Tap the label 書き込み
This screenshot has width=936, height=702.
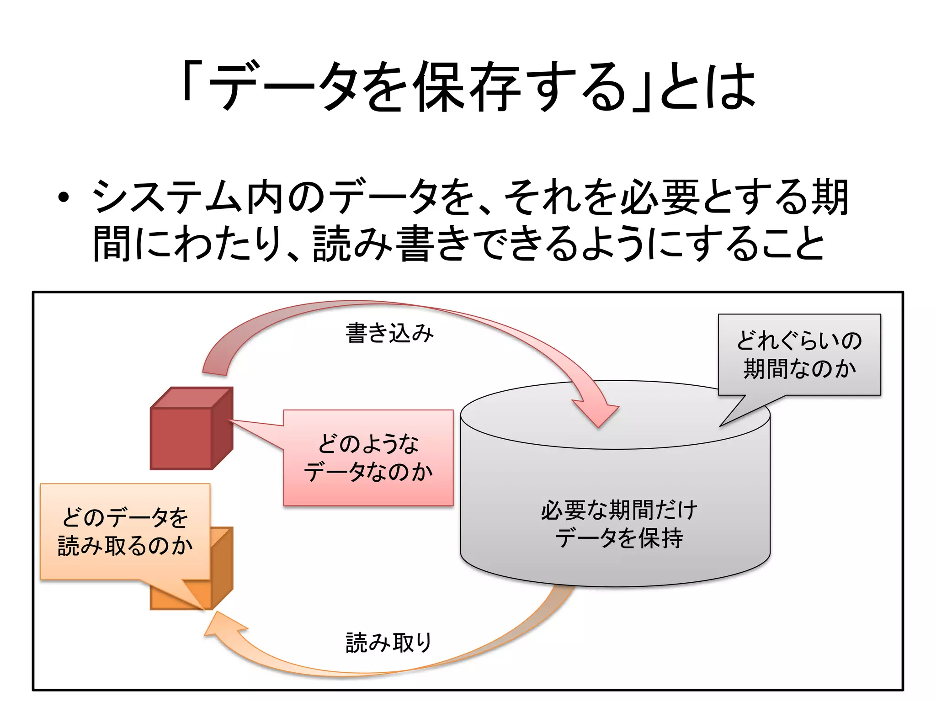pyautogui.click(x=389, y=333)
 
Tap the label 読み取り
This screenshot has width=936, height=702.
pyautogui.click(x=389, y=643)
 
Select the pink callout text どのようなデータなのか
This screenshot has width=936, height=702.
pyautogui.click(x=368, y=458)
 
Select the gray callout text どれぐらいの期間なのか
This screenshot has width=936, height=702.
pyautogui.click(x=799, y=355)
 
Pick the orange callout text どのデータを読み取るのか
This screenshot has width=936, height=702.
pyautogui.click(x=125, y=532)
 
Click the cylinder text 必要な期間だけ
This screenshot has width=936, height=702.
pyautogui.click(x=619, y=510)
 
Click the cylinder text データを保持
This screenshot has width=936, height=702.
pyautogui.click(x=619, y=538)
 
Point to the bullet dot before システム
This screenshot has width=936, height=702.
pyautogui.click(x=64, y=198)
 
